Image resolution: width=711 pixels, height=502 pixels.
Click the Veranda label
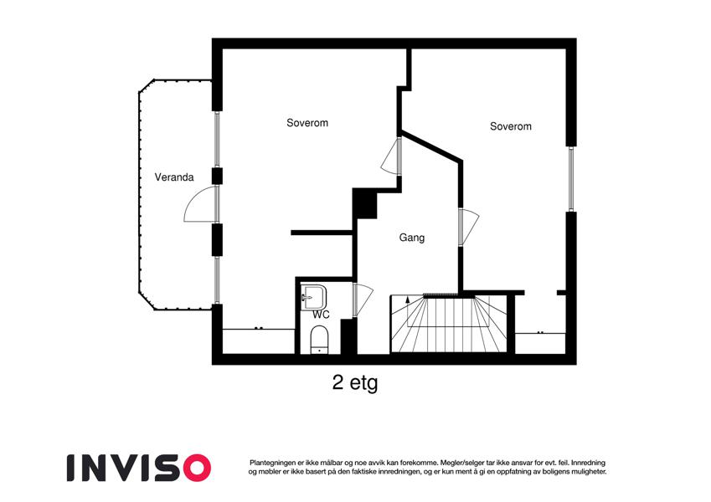(174, 177)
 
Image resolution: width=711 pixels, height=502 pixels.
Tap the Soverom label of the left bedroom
(307, 123)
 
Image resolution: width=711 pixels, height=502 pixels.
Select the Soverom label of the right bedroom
(511, 126)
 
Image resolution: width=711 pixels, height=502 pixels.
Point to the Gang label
(412, 238)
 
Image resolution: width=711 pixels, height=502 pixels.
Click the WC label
(321, 315)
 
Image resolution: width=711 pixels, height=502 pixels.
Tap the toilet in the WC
(320, 340)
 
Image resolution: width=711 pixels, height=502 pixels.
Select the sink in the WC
(314, 297)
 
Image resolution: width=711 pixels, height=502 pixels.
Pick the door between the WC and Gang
(363, 299)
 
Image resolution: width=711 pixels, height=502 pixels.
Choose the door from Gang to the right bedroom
(469, 226)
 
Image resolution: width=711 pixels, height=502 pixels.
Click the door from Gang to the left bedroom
(391, 156)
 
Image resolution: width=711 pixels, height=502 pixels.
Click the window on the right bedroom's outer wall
(571, 179)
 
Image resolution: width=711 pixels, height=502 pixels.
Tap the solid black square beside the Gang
(364, 203)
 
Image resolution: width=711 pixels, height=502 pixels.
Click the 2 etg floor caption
(354, 383)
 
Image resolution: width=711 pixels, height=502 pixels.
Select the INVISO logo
(139, 468)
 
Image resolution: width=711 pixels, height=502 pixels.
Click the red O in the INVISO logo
(196, 468)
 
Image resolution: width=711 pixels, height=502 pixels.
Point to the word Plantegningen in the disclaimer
(271, 463)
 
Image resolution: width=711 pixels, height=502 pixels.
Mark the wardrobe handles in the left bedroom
(259, 328)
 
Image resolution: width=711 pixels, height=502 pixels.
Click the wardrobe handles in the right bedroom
(540, 332)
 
